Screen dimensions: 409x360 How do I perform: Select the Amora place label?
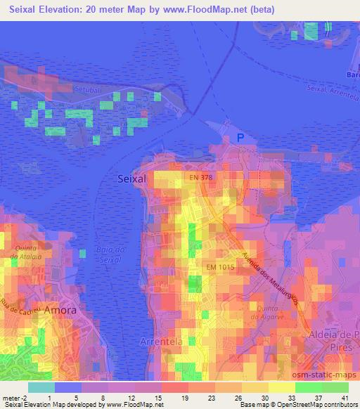click(x=61, y=309)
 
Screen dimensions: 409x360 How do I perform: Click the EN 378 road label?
click(x=200, y=177)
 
